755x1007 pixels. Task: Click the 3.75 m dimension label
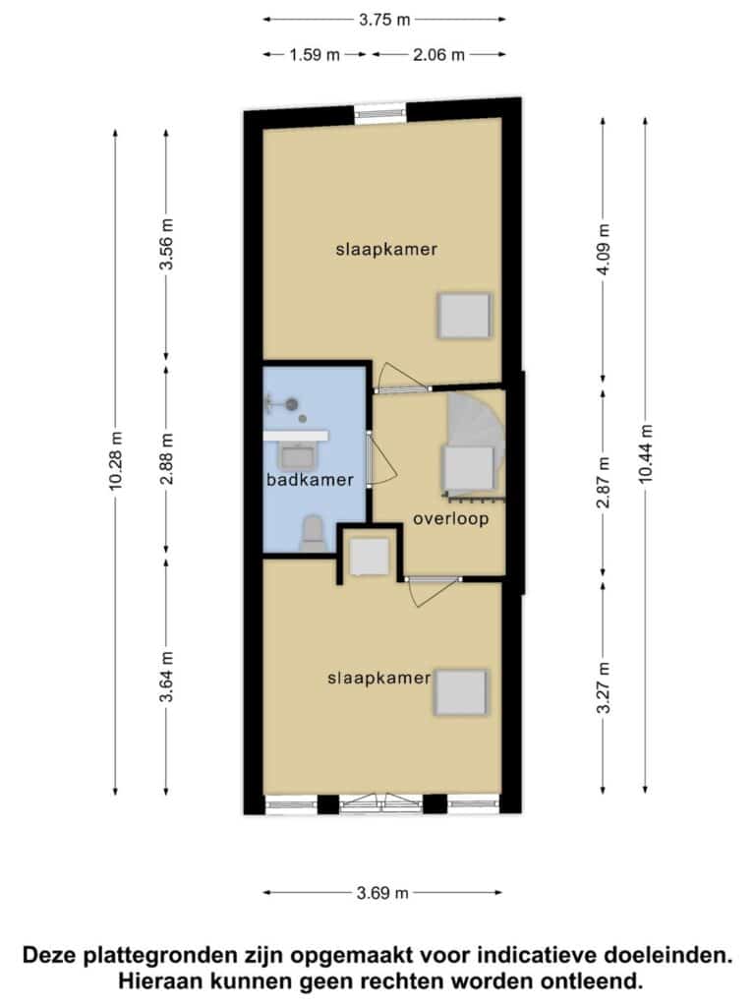point(384,20)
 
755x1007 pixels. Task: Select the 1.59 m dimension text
point(314,55)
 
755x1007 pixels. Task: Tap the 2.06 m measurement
point(438,55)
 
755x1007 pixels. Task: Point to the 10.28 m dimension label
point(116,461)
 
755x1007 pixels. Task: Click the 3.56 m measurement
point(166,245)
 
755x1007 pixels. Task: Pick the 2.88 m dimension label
point(166,460)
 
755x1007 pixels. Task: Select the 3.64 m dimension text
point(166,677)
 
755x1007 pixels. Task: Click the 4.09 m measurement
point(603,250)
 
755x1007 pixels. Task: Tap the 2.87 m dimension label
point(603,482)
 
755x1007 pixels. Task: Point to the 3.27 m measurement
point(603,687)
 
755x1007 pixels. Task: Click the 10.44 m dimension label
point(645,453)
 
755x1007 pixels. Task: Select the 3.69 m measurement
point(382,893)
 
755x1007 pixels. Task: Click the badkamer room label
point(310,480)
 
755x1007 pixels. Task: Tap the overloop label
point(450,519)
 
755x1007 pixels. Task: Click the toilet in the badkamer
point(313,532)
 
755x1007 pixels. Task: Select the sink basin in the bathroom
point(298,456)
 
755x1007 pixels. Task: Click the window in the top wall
point(380,112)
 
